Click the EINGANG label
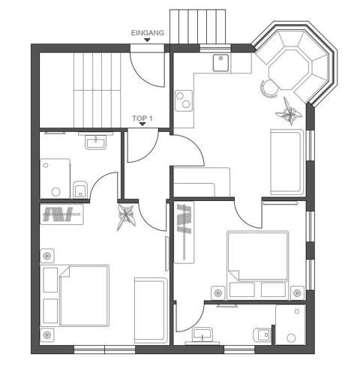tap(148, 33)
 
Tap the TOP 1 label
tap(142, 118)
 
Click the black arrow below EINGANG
tap(147, 40)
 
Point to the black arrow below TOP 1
tap(142, 124)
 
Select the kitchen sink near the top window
tap(220, 63)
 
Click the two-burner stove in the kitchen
tap(184, 100)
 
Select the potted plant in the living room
tap(289, 112)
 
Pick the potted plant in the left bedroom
tap(127, 217)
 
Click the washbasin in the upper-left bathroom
tap(95, 142)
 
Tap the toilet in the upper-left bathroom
tap(80, 189)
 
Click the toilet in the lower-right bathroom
tap(262, 334)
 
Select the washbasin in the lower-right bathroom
tap(202, 335)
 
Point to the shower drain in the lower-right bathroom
tap(291, 338)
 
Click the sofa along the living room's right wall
tap(287, 162)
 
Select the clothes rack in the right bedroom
tap(184, 232)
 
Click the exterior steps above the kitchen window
tap(198, 27)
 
